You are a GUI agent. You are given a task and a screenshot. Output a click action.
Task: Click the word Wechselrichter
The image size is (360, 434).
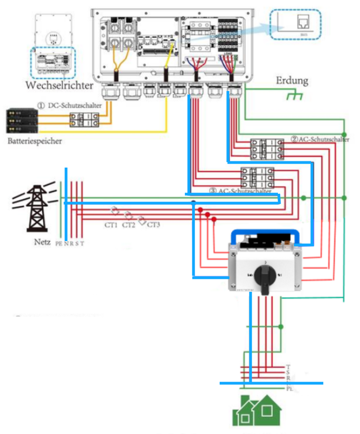(60, 85)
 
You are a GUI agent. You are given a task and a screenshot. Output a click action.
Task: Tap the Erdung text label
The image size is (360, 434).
(292, 80)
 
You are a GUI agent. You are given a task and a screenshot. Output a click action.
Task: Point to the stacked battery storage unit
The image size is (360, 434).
(22, 120)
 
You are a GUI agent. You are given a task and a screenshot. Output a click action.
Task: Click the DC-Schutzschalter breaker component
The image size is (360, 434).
(84, 120)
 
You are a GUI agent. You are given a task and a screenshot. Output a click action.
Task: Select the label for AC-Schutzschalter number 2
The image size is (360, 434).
(320, 139)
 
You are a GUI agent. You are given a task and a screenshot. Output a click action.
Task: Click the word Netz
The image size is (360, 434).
(42, 242)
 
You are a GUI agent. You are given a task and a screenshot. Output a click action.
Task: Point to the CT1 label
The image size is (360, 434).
(111, 225)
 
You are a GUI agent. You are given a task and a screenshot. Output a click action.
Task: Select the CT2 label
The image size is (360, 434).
(128, 225)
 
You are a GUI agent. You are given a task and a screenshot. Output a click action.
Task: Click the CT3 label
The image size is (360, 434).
(153, 225)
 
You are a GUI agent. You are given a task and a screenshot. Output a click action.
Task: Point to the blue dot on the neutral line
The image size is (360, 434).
(193, 203)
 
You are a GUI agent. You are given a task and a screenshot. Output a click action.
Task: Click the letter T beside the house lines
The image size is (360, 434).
(288, 367)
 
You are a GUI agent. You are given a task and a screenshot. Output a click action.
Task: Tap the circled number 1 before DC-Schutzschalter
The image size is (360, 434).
(41, 105)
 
